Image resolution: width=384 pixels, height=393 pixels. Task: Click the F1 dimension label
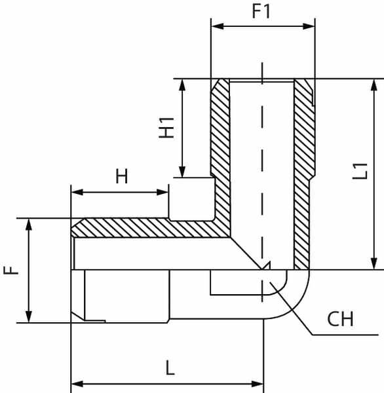[261, 11]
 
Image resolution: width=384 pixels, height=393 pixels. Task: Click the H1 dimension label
[167, 128]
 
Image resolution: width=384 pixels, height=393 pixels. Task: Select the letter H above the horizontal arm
[122, 176]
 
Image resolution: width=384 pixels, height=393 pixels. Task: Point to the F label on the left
[11, 271]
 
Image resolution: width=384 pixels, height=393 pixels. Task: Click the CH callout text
[340, 319]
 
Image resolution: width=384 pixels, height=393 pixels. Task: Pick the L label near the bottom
[170, 367]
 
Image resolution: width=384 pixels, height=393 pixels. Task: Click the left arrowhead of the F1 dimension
[218, 26]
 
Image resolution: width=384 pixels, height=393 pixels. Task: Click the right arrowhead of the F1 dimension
[309, 26]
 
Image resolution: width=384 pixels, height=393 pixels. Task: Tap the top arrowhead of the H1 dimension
[182, 85]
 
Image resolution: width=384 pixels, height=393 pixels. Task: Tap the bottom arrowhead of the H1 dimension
[182, 171]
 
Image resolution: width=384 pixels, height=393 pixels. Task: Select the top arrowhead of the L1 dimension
[374, 85]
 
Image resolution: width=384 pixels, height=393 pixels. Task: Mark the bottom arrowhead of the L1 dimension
[374, 263]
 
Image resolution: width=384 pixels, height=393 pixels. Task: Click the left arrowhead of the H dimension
[77, 192]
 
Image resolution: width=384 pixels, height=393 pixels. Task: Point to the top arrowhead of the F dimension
[29, 225]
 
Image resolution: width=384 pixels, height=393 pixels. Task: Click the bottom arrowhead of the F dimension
[29, 316]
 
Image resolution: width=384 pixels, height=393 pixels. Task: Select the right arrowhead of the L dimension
[257, 384]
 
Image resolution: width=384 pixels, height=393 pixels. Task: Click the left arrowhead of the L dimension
[77, 384]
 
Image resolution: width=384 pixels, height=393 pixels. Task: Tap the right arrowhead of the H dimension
[162, 192]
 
